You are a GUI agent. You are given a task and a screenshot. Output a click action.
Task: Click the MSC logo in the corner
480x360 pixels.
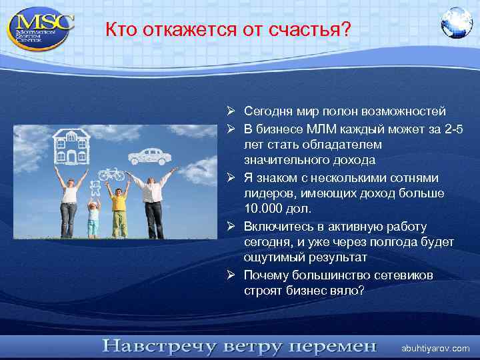pyautogui.click(x=40, y=27)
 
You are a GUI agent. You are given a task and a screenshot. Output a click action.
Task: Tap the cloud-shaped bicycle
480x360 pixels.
pyautogui.click(x=112, y=174)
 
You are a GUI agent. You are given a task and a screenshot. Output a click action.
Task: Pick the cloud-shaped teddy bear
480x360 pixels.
pyautogui.click(x=95, y=188)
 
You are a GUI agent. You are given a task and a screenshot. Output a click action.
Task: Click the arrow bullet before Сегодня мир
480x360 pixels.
pyautogui.click(x=229, y=111)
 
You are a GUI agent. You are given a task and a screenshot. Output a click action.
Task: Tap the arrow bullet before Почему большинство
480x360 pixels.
pyautogui.click(x=229, y=275)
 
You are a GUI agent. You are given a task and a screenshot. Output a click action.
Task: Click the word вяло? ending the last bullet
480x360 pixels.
pyautogui.click(x=349, y=291)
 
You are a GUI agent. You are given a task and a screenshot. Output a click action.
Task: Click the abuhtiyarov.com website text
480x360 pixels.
pyautogui.click(x=435, y=349)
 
